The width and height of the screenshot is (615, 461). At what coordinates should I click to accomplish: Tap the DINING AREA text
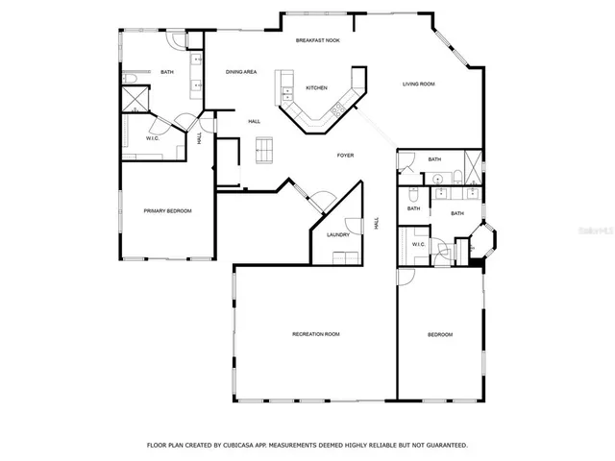click(x=240, y=72)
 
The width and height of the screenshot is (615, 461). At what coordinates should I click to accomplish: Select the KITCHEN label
click(x=316, y=87)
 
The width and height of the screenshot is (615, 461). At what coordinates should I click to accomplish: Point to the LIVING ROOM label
click(x=418, y=85)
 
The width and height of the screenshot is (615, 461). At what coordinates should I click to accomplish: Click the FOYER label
click(x=346, y=155)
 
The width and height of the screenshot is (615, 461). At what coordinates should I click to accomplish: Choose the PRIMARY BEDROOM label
click(x=167, y=210)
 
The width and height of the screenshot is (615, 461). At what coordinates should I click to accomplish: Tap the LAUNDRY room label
click(x=337, y=234)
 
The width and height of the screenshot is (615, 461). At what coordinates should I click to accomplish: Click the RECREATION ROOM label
click(x=316, y=334)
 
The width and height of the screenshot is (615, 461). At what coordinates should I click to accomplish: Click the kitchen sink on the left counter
click(x=285, y=91)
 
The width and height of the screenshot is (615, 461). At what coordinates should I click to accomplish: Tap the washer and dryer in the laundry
click(x=345, y=256)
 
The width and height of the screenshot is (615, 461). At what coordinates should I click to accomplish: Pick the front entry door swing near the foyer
click(x=322, y=201)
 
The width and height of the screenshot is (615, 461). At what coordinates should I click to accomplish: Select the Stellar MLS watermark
click(x=586, y=230)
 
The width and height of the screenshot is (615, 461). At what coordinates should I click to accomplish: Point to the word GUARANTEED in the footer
click(x=443, y=445)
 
